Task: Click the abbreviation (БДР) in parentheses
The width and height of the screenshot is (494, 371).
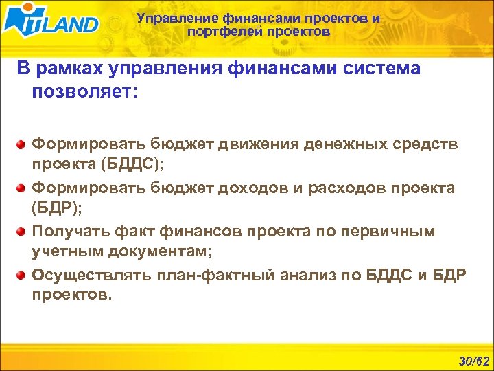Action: click(57, 210)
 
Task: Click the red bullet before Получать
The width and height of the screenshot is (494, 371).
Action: click(22, 232)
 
